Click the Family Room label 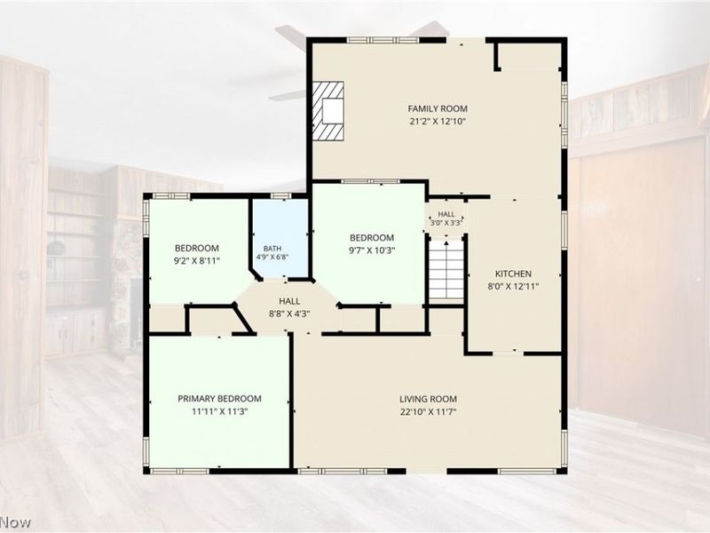point(438,108)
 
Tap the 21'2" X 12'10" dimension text point(438,122)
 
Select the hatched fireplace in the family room point(327,110)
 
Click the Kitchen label point(513,274)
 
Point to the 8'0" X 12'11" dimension point(513,286)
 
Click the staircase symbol point(446,269)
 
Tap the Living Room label point(428,399)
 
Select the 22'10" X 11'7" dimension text point(428,412)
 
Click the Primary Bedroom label point(219,399)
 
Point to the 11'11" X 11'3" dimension point(219,411)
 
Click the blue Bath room point(280,238)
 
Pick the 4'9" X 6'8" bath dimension point(272,257)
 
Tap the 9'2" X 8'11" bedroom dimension point(197,260)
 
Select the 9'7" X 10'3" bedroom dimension point(372,251)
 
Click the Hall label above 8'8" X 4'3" point(289,301)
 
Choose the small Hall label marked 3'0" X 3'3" point(446,214)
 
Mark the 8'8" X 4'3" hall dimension point(289,314)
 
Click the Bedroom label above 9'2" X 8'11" point(197,248)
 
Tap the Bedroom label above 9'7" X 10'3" point(372,237)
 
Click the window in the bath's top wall point(281,195)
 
